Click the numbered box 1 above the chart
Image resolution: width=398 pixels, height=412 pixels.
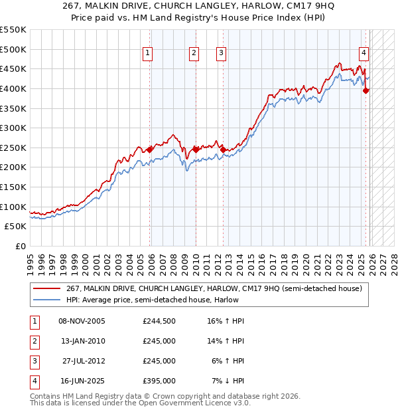[x=147, y=54]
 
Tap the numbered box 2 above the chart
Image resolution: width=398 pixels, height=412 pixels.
[x=194, y=54]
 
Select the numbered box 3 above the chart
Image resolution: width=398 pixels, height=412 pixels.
[x=221, y=54]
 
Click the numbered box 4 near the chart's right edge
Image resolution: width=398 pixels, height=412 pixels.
[x=364, y=54]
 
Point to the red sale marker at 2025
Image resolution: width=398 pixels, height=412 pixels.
[x=366, y=91]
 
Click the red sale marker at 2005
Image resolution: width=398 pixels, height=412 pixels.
[x=150, y=150]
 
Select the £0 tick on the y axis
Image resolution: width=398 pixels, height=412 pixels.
[x=20, y=246]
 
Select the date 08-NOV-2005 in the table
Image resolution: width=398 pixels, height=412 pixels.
[x=82, y=321]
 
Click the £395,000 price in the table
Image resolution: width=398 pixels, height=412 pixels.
[x=159, y=381]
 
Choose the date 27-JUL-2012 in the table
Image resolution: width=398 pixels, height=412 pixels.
[x=83, y=361]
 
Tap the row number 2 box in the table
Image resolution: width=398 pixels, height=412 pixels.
[x=33, y=341]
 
